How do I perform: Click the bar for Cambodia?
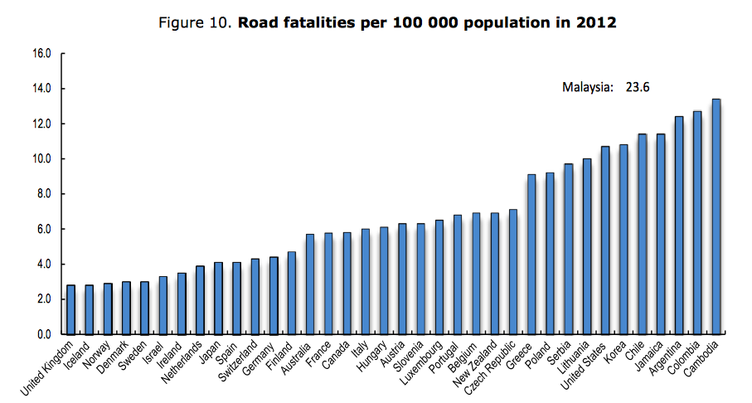click(716, 216)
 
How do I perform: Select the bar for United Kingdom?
click(71, 309)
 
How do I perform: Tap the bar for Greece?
click(531, 254)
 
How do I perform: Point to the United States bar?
click(605, 240)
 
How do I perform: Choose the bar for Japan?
click(219, 298)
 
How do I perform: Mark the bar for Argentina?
click(679, 225)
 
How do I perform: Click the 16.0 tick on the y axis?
click(42, 54)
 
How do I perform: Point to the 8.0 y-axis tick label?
click(42, 194)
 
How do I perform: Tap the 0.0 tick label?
click(42, 334)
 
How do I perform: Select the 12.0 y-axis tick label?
click(42, 124)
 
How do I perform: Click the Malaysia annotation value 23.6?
click(634, 86)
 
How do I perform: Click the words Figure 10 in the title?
click(196, 23)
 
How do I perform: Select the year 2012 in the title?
click(598, 23)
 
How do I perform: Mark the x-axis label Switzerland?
click(240, 365)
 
